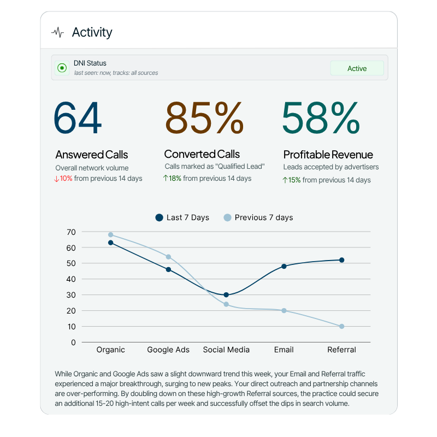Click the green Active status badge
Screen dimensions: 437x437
pyautogui.click(x=357, y=68)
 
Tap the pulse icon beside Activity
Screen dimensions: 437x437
pyautogui.click(x=57, y=33)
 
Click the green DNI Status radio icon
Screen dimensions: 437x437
pyautogui.click(x=62, y=68)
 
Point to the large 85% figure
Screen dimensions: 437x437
pyautogui.click(x=204, y=117)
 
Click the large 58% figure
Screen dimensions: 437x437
pyautogui.click(x=321, y=117)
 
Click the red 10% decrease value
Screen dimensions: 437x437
pyautogui.click(x=66, y=179)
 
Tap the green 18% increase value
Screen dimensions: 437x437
pyautogui.click(x=174, y=178)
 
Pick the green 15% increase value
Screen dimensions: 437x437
pyautogui.click(x=294, y=180)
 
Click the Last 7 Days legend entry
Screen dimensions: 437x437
pyautogui.click(x=182, y=217)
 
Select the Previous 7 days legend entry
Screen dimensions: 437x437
pyautogui.click(x=258, y=217)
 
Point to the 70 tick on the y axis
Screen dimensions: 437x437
pyautogui.click(x=71, y=232)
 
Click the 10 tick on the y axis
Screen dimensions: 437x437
pyautogui.click(x=71, y=327)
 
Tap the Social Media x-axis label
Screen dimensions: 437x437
pyautogui.click(x=226, y=350)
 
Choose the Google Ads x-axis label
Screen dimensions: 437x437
pyautogui.click(x=168, y=350)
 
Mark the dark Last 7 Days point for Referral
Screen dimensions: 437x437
pyautogui.click(x=342, y=260)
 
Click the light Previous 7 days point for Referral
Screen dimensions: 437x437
pyautogui.click(x=342, y=327)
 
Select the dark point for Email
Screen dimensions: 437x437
pyautogui.click(x=284, y=267)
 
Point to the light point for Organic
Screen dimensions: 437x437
pyautogui.click(x=111, y=235)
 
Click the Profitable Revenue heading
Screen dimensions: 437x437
pyautogui.click(x=328, y=155)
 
